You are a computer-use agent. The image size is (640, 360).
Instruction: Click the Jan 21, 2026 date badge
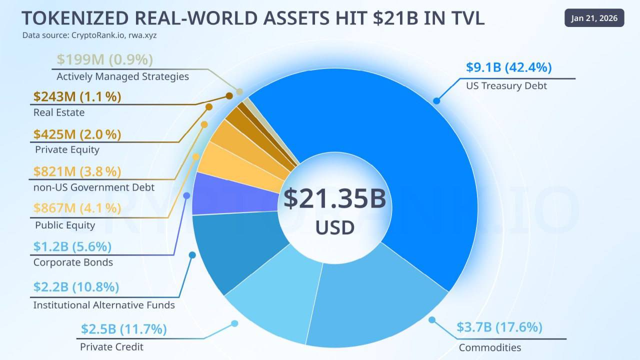click(594, 18)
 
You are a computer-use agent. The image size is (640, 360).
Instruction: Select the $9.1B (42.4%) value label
click(508, 67)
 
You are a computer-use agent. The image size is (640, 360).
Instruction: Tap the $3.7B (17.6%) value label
click(499, 327)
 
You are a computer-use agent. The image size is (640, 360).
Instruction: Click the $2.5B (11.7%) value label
click(123, 329)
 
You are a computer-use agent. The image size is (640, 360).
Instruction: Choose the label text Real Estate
click(59, 112)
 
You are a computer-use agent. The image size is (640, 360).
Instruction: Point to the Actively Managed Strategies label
click(122, 76)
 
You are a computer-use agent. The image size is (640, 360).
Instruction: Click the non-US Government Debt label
click(94, 187)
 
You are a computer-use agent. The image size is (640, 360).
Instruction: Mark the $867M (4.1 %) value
click(77, 207)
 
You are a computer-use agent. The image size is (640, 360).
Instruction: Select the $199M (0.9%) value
click(104, 59)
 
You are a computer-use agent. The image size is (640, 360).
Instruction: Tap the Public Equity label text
click(65, 225)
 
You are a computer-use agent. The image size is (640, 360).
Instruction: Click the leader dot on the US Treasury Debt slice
click(436, 101)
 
